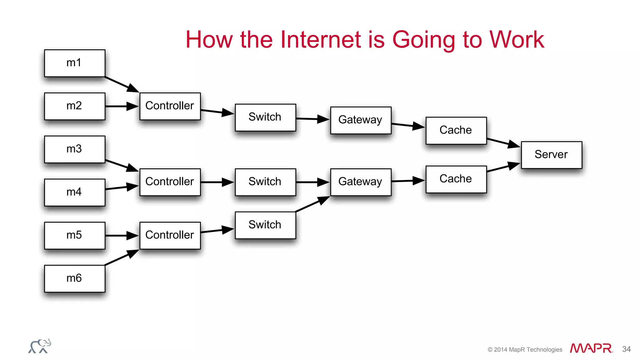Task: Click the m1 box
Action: point(74,63)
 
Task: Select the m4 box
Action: point(74,192)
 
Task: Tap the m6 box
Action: point(74,278)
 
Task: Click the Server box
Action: point(551,155)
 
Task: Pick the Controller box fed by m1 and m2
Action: point(170,106)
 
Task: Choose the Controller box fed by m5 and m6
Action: point(170,235)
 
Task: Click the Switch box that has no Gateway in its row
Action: point(265,225)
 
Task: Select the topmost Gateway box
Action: point(360,120)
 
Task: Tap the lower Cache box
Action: point(456,179)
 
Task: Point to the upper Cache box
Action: point(456,130)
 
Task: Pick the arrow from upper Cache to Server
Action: point(503,142)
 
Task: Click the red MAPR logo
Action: point(591,348)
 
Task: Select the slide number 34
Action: point(626,349)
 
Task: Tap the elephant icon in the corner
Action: point(40,346)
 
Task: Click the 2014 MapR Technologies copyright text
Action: point(525,350)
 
